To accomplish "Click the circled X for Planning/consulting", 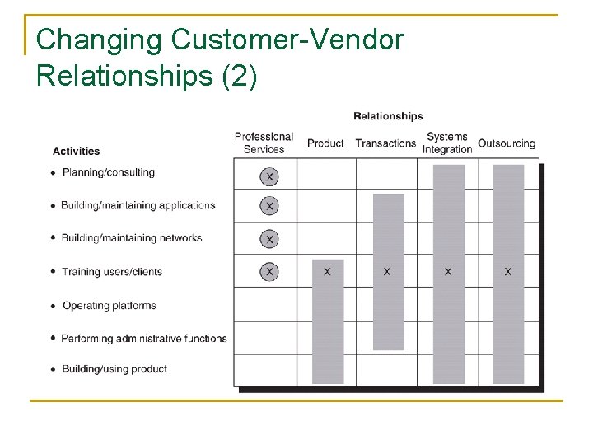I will [x=268, y=176].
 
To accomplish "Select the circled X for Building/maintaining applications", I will [x=268, y=206].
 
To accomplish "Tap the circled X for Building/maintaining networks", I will [x=268, y=239].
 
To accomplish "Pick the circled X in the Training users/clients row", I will [x=268, y=271].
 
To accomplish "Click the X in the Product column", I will [x=327, y=271].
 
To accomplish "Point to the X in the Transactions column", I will [x=387, y=271].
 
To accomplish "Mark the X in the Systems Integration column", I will [x=448, y=271].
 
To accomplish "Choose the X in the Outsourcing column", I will [x=507, y=271].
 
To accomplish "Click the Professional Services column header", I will [x=264, y=143].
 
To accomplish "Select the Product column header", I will [x=325, y=143].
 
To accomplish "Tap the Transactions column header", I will [x=385, y=143].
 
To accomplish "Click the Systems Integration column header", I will [x=447, y=143].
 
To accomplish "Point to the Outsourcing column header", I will [x=507, y=143].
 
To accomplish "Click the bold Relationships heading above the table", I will [x=388, y=116].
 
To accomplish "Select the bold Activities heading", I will [x=76, y=151].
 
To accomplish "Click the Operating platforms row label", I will [x=109, y=306].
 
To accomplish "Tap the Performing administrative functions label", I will [x=144, y=338].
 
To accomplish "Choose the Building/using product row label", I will [x=114, y=369].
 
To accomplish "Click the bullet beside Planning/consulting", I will [x=54, y=173].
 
